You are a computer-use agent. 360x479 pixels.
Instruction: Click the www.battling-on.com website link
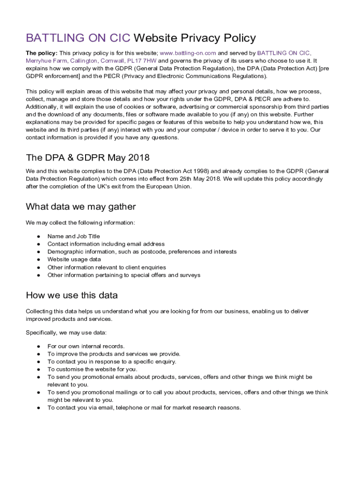pyautogui.click(x=188, y=53)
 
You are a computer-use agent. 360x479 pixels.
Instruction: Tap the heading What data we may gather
pyautogui.click(x=80, y=206)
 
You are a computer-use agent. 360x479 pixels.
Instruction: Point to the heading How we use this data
pyautogui.click(x=72, y=295)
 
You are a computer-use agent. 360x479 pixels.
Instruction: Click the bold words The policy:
pyautogui.click(x=42, y=53)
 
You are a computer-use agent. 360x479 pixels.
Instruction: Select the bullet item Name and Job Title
pyautogui.click(x=73, y=236)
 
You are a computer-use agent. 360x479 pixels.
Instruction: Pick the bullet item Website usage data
pyautogui.click(x=74, y=259)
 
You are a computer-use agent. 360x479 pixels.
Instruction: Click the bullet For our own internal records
pyautogui.click(x=86, y=346)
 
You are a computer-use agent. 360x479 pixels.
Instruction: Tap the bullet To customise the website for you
pyautogui.click(x=92, y=369)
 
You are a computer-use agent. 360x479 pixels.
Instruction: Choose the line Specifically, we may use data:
pyautogui.click(x=66, y=333)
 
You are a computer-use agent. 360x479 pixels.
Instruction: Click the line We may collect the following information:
pyautogui.click(x=80, y=223)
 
